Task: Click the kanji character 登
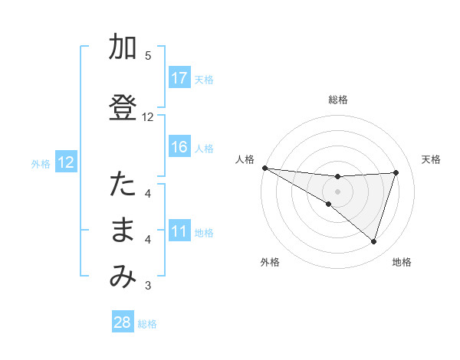point(123,108)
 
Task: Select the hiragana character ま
point(123,231)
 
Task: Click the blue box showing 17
point(179,78)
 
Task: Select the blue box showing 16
point(179,147)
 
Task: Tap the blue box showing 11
point(179,231)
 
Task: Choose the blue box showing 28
point(123,322)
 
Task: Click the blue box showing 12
point(65,162)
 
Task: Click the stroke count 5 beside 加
point(148,55)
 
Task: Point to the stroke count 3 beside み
point(148,286)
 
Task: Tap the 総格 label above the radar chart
point(337,100)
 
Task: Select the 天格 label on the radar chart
point(431,159)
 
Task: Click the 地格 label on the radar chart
point(402,262)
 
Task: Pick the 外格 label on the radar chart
point(270,262)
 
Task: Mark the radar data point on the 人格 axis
point(264,168)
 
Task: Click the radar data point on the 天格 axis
point(396,172)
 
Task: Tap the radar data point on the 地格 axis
point(373,241)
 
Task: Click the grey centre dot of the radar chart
point(337,191)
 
